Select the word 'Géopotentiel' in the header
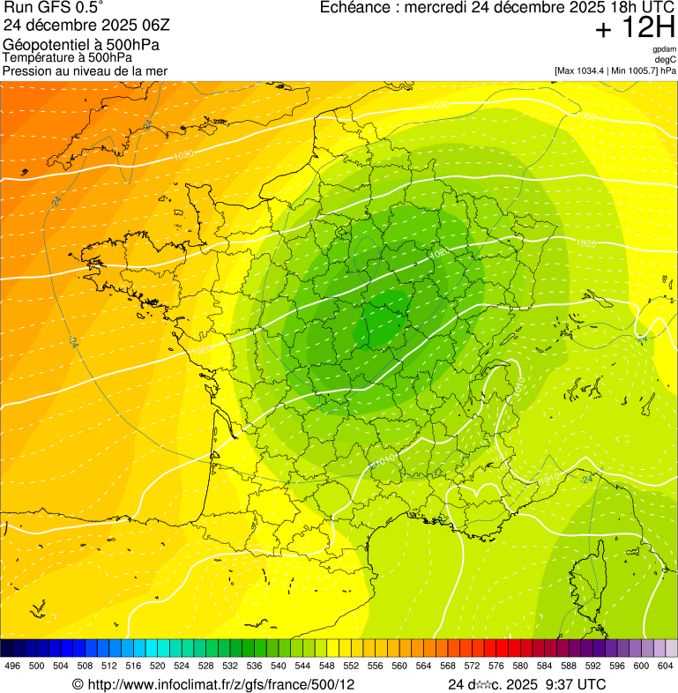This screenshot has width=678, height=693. coord(45,45)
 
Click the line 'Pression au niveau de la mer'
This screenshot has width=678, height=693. coord(85,71)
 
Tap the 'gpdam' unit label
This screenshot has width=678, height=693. coord(665,49)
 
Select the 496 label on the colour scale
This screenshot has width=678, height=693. coord(12,666)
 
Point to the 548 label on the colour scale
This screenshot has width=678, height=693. coord(326,666)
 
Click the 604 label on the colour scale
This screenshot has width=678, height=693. coord(666,666)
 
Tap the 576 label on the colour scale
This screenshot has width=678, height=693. coord(496,666)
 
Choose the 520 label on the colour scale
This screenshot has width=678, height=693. coord(157,666)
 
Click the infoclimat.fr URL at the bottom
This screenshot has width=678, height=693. coord(220,684)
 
